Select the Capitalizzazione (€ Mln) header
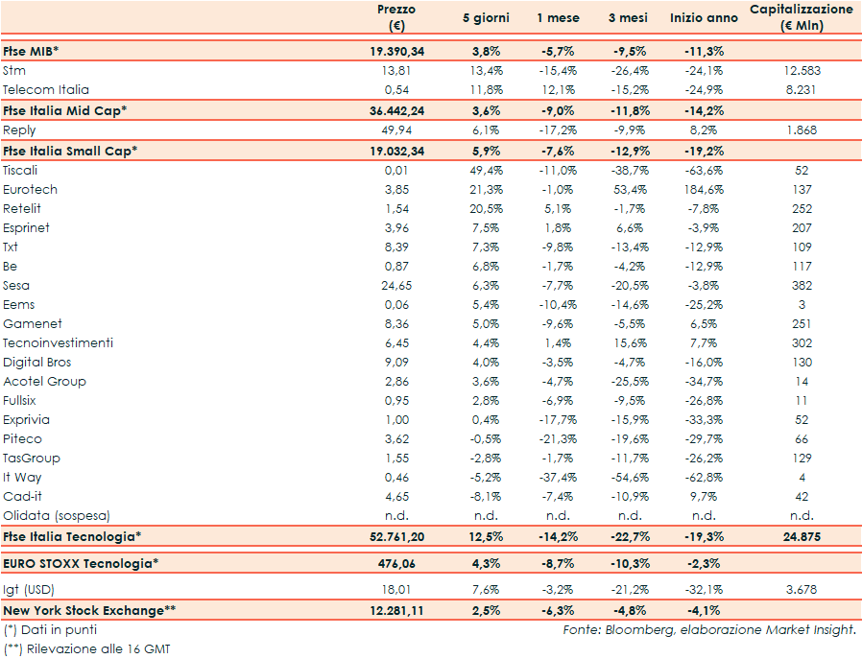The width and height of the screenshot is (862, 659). tap(801, 17)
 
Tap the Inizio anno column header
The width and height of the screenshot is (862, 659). tap(705, 18)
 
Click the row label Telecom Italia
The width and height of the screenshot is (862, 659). tap(46, 89)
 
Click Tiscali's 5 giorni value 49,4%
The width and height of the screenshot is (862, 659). tap(487, 170)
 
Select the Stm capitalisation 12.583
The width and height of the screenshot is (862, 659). tap(802, 70)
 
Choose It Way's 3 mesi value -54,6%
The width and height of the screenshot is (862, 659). tap(628, 477)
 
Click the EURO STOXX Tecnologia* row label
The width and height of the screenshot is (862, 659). tap(79, 563)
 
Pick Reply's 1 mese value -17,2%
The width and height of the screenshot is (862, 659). tap(557, 129)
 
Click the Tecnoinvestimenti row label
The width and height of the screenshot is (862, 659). tap(58, 342)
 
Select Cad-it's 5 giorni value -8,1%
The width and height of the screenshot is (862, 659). tap(487, 496)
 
